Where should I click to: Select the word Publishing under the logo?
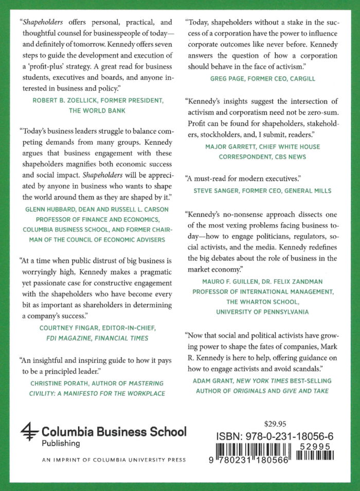[x=61, y=443]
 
